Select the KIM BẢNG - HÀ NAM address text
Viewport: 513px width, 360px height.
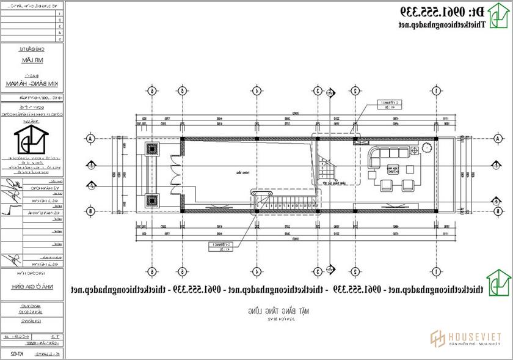coord(34,84)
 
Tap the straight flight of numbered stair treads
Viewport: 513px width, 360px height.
coord(287,205)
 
